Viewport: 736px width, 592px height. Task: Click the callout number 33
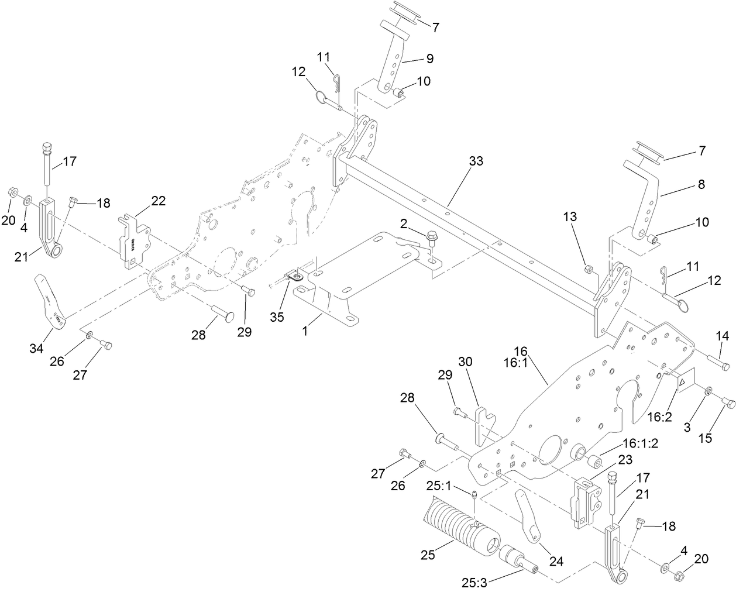pos(476,161)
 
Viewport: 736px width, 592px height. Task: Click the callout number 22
pos(159,201)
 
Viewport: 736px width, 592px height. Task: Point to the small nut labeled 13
pos(590,270)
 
